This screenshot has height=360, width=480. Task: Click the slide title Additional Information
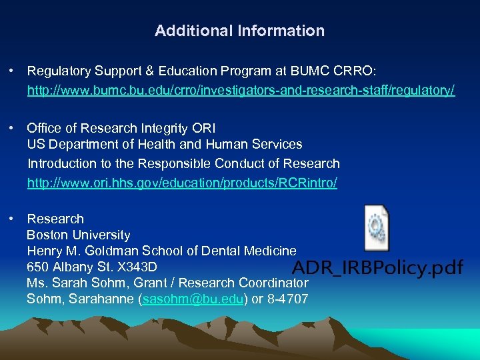(x=239, y=31)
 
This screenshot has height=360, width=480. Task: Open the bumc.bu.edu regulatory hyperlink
(x=241, y=90)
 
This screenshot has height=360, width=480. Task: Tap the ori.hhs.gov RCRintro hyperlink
(x=182, y=183)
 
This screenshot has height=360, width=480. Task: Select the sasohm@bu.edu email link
(x=193, y=299)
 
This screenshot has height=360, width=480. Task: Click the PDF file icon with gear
(x=377, y=229)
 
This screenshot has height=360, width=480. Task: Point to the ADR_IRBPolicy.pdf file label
(x=377, y=268)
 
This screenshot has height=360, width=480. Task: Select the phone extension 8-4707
(x=287, y=299)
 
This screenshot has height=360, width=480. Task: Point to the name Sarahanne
(x=99, y=299)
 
